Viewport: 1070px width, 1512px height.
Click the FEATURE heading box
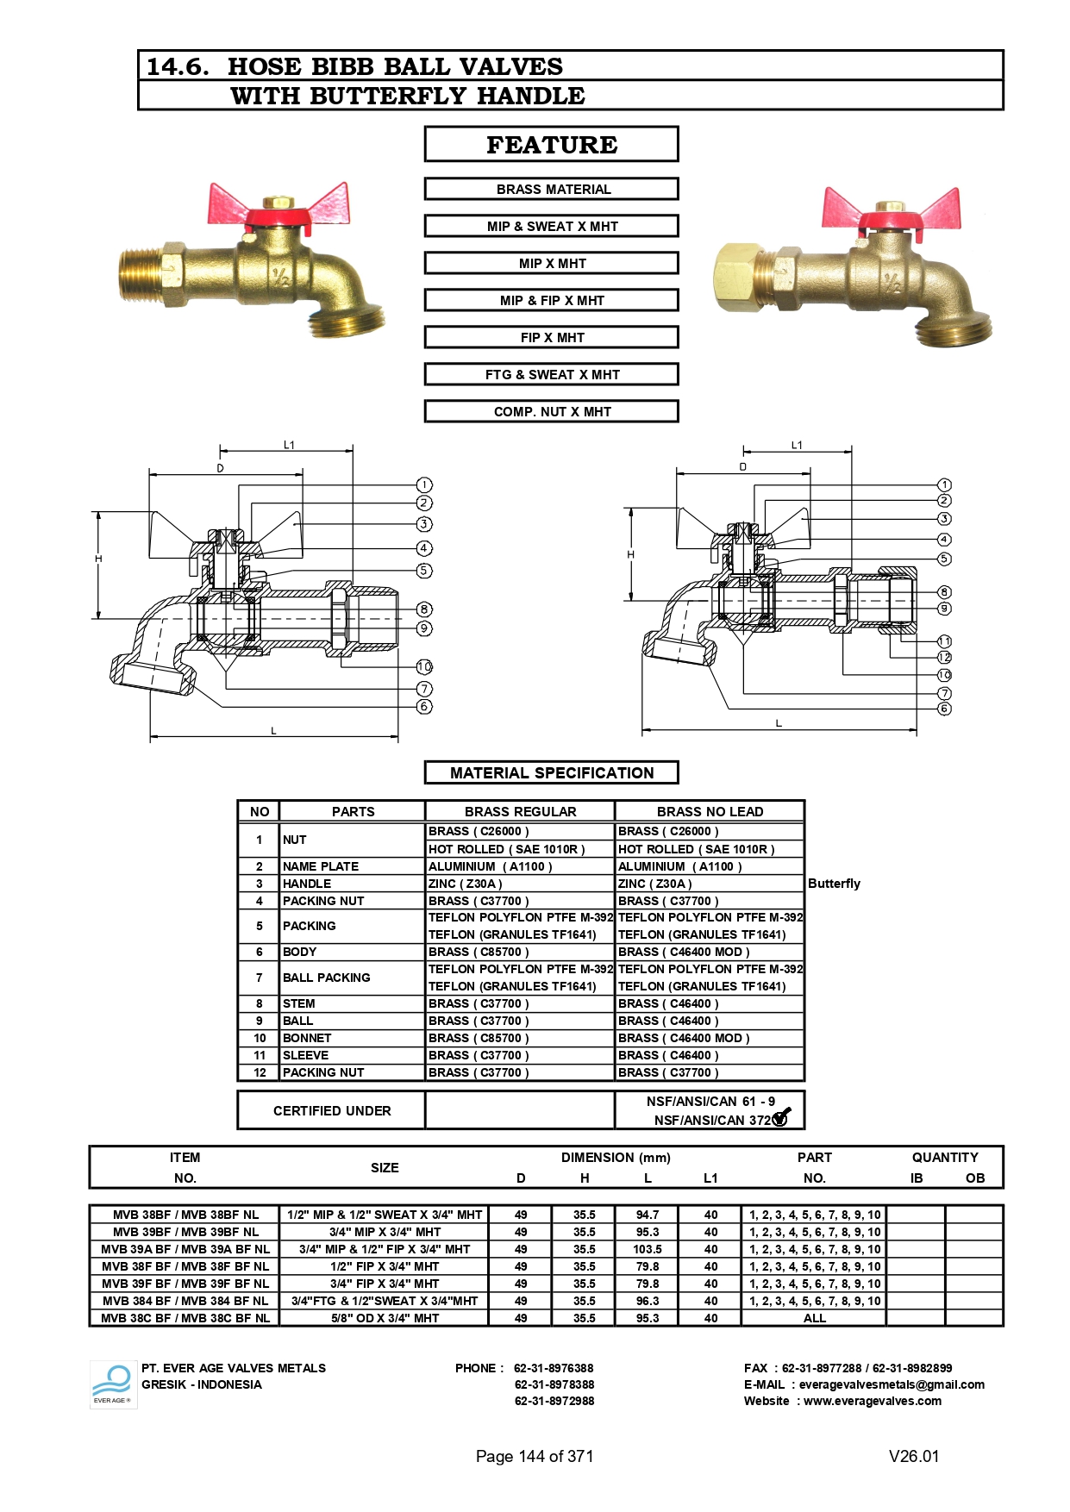pyautogui.click(x=551, y=144)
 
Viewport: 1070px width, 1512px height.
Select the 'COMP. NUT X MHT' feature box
pyautogui.click(x=551, y=411)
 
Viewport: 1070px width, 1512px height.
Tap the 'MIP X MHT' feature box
pyautogui.click(x=551, y=263)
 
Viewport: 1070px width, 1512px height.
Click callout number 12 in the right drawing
pyautogui.click(x=944, y=657)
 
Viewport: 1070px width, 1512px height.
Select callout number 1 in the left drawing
pyautogui.click(x=424, y=484)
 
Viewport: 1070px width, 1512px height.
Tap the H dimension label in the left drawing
pyautogui.click(x=98, y=559)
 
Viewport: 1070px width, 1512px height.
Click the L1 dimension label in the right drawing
pyautogui.click(x=797, y=445)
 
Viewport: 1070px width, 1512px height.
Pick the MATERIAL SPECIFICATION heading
pyautogui.click(x=551, y=772)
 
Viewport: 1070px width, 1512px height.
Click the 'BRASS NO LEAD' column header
pyautogui.click(x=710, y=811)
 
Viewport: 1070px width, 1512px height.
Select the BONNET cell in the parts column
pyautogui.click(x=307, y=1038)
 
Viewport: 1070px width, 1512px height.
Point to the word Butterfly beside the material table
pyautogui.click(x=834, y=884)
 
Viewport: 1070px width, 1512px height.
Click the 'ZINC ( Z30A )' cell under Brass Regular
pyautogui.click(x=466, y=884)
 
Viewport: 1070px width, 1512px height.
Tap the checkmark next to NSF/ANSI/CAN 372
pyautogui.click(x=781, y=1118)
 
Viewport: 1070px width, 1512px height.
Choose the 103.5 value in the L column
pyautogui.click(x=648, y=1249)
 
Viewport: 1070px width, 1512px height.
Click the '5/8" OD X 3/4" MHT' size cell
pyautogui.click(x=385, y=1318)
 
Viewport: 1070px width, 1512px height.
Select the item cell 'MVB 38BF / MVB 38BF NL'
pyautogui.click(x=185, y=1215)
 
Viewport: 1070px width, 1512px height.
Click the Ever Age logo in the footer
pyautogui.click(x=112, y=1384)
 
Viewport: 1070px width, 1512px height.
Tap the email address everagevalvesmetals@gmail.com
pyautogui.click(x=891, y=1384)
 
